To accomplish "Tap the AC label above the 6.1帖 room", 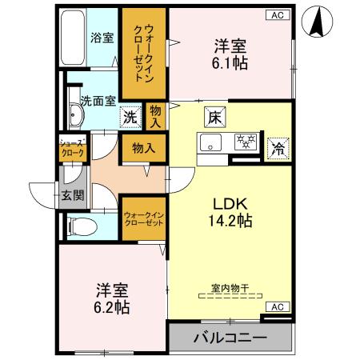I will (x=276, y=14).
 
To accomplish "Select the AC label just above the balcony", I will (x=275, y=306).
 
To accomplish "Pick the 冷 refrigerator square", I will (x=278, y=146).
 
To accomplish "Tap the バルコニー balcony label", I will (x=230, y=338).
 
